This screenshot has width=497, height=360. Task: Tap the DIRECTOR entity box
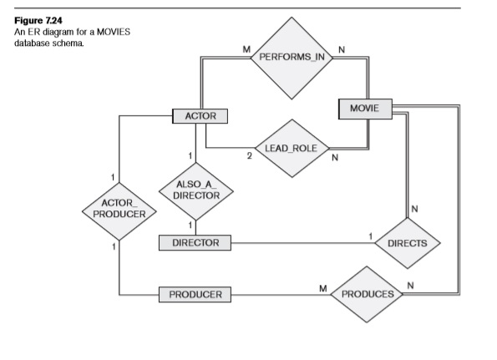tap(195, 243)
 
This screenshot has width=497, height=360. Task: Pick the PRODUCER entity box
tap(195, 295)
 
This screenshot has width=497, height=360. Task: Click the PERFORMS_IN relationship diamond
tap(292, 57)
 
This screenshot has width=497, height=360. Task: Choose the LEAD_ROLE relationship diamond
tap(287, 148)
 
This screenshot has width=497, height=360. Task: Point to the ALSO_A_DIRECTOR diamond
tap(195, 190)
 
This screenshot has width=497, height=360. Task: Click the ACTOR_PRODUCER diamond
tap(121, 208)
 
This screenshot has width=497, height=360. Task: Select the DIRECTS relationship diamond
tap(408, 243)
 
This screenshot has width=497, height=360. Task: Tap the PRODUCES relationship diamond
tap(367, 294)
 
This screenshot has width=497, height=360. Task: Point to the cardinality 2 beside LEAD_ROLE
tap(249, 155)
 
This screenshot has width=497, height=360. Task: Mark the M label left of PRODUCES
tap(322, 287)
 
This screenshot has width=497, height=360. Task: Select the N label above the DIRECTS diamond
tap(415, 208)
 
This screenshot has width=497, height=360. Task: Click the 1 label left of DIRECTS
tap(369, 236)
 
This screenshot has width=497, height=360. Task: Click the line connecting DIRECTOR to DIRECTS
tap(301, 243)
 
